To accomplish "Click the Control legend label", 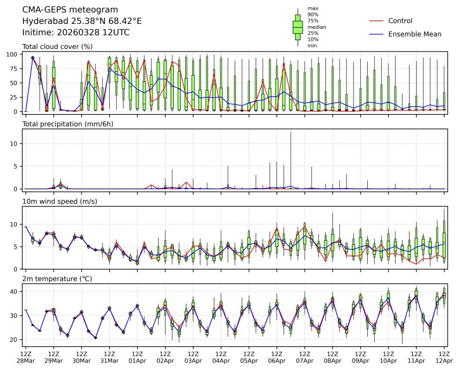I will pos(400,21).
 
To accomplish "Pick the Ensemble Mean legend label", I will pos(414,34).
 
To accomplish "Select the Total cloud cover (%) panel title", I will pos(57,47).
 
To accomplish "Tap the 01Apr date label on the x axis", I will pos(137,361).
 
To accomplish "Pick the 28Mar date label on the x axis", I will pos(26,361).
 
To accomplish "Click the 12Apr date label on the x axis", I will pos(445,361).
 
